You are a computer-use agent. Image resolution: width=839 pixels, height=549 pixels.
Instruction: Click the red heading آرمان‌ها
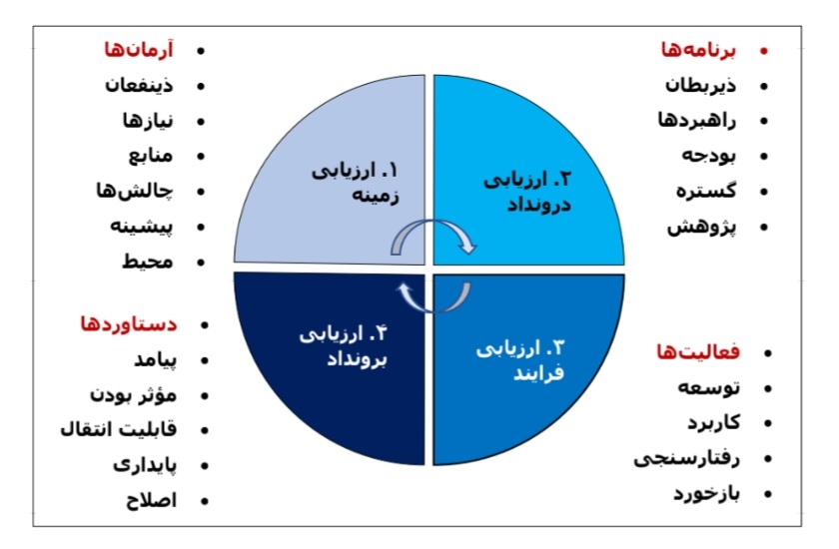[139, 50]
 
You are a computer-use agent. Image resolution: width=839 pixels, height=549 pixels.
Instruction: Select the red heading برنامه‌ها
[698, 50]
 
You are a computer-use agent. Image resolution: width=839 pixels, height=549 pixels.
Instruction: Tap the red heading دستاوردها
[129, 324]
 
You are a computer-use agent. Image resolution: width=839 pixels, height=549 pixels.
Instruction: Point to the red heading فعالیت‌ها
[698, 351]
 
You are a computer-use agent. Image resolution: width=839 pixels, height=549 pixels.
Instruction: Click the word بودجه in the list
[708, 156]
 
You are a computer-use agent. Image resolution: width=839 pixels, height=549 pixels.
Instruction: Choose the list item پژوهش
[701, 228]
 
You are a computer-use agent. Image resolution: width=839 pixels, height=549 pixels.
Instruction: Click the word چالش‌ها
[134, 191]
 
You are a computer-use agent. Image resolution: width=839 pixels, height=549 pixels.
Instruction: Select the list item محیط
[148, 262]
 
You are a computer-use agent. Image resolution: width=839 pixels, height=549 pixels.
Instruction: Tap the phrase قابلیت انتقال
[118, 429]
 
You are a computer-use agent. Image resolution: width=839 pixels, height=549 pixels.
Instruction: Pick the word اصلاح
[152, 500]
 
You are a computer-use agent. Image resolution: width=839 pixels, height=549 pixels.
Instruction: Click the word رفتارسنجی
[687, 458]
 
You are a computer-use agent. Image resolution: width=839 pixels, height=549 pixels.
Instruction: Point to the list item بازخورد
[706, 493]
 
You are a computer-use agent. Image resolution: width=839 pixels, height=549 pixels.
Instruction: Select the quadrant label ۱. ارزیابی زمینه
[356, 183]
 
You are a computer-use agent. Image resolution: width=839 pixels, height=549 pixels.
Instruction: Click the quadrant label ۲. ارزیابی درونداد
[527, 191]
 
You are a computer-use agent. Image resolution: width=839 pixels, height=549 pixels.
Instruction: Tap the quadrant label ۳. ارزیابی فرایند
[520, 360]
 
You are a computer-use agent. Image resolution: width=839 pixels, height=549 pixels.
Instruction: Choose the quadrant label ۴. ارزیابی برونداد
[343, 347]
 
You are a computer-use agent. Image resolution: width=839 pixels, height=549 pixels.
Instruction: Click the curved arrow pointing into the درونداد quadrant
[433, 223]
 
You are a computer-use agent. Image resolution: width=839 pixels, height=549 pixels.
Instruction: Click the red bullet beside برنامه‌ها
[763, 51]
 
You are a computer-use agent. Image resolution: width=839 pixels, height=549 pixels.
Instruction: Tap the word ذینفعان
[139, 85]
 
